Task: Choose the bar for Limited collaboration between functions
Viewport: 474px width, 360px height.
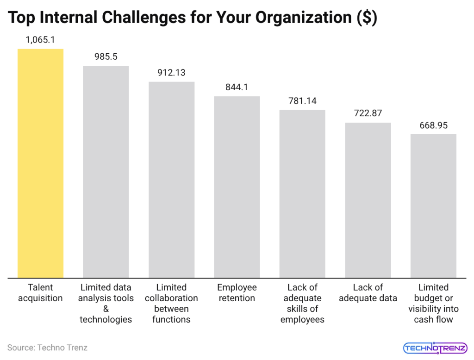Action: coord(171,180)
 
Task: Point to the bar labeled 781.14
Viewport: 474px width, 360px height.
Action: coord(302,194)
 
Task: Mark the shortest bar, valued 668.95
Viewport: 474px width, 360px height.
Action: coord(433,206)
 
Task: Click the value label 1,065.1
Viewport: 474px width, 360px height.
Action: coord(40,40)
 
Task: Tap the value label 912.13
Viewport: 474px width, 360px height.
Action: coord(171,73)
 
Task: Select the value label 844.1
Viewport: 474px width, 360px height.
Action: coord(237,87)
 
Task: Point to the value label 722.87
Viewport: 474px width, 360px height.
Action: coord(368,113)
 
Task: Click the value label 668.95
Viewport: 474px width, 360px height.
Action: coord(433,125)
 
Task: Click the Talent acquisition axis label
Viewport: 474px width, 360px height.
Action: coord(40,293)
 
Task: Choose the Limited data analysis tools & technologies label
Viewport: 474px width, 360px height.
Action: coord(106,304)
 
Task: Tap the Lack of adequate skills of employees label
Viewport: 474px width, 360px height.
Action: coord(302,304)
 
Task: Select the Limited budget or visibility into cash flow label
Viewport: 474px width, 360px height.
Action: coord(433,304)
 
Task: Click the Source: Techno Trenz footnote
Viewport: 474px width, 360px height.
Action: coord(47,347)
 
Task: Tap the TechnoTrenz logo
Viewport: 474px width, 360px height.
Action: coord(435,348)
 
